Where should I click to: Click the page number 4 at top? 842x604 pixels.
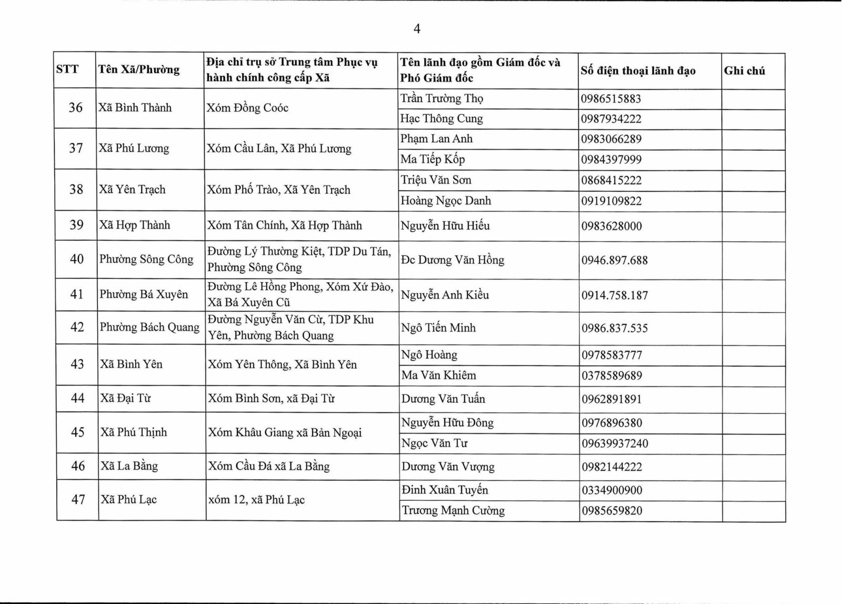(417, 29)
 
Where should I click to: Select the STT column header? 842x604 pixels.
(67, 69)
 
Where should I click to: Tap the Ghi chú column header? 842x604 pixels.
(744, 71)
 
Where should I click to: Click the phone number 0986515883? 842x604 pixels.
(611, 99)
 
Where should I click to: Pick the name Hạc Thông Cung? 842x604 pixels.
(442, 118)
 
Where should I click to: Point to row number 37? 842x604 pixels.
(76, 148)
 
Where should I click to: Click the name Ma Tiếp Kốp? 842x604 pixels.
(433, 159)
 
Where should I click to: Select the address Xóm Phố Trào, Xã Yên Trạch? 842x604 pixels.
(278, 190)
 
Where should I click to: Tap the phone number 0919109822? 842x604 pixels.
(612, 201)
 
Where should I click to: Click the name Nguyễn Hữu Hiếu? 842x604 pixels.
(445, 226)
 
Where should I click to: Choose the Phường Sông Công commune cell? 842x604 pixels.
(146, 259)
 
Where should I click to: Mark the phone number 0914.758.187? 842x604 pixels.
(615, 295)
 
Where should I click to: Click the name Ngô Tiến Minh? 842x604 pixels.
(438, 328)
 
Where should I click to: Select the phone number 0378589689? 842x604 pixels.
(612, 375)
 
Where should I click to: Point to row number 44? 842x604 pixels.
(77, 398)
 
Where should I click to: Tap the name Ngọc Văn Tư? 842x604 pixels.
(434, 443)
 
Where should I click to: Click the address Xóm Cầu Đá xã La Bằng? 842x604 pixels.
(269, 466)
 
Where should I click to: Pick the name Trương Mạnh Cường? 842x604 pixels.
(453, 510)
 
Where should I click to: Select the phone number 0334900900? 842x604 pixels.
(612, 490)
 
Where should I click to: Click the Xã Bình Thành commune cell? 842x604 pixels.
(135, 108)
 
